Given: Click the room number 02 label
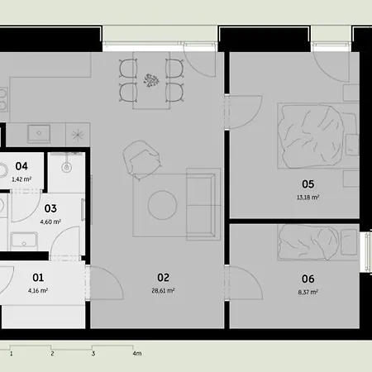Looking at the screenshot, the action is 163,278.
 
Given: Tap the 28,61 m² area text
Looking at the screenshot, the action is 163,290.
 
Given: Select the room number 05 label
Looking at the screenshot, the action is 308,184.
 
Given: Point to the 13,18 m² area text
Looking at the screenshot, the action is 308,198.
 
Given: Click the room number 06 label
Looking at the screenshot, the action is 308,279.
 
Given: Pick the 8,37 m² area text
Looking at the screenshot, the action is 308,292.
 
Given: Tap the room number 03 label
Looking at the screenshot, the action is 50,208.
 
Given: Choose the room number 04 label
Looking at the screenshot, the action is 21,166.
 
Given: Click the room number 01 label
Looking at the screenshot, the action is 38,278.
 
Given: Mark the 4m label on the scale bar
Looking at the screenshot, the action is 137,353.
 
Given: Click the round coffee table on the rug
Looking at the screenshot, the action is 162,205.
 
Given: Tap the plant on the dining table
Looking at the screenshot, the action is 151,80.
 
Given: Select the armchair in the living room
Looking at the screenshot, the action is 141,160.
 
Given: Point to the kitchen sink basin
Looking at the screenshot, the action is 39,134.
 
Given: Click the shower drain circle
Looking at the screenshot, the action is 67,167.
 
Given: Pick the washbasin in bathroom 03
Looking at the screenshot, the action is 24,240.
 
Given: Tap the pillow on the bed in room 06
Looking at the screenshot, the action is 349,242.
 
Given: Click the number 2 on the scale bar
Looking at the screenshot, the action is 52,354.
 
